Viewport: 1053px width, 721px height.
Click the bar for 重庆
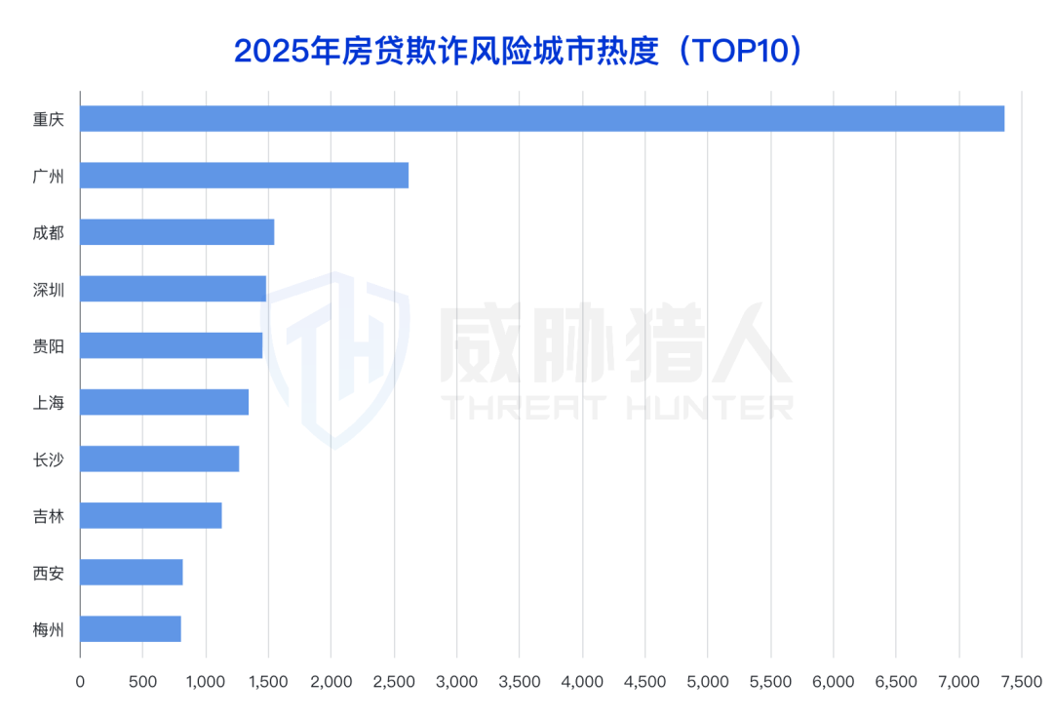tap(542, 118)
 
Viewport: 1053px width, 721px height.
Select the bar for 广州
tap(244, 175)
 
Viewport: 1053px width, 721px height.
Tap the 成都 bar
tap(176, 232)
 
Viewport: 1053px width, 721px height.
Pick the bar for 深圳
tap(173, 289)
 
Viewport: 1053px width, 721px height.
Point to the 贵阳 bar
tap(171, 345)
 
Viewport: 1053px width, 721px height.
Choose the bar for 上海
tap(164, 402)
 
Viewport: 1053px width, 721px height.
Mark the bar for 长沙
tap(159, 459)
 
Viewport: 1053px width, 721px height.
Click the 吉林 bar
tap(150, 515)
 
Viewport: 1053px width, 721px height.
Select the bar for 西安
tap(131, 572)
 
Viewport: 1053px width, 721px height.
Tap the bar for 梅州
tap(130, 628)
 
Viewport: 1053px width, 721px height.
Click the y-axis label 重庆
tap(48, 119)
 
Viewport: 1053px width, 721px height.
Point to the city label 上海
tap(48, 402)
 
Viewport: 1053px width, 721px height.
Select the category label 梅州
tap(48, 629)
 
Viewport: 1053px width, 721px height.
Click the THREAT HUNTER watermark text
tap(618, 407)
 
